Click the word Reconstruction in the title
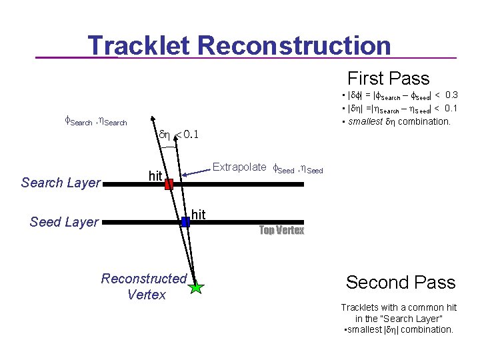[x=294, y=46]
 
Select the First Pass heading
[x=388, y=79]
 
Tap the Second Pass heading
[x=400, y=282]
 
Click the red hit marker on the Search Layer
[x=169, y=184]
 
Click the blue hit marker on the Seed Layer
[x=185, y=222]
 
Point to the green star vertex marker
[x=196, y=287]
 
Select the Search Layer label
[x=61, y=183]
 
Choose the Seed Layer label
[x=64, y=222]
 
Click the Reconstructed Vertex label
[x=144, y=286]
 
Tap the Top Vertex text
[x=281, y=231]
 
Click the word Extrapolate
[x=239, y=167]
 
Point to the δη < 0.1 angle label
[x=179, y=135]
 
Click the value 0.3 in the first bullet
[x=451, y=95]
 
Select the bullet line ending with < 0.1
[x=399, y=109]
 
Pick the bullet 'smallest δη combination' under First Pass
[x=399, y=121]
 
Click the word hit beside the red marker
[x=155, y=176]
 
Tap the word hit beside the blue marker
[x=198, y=214]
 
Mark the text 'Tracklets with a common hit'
[x=399, y=307]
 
